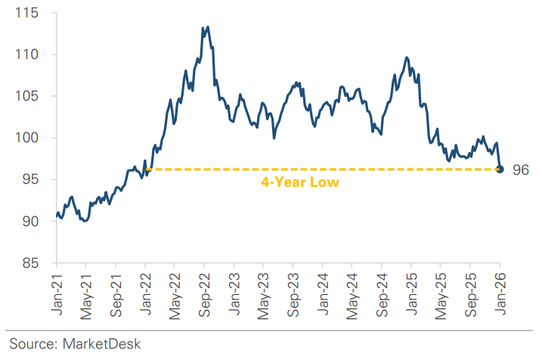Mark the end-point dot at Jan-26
click(x=500, y=169)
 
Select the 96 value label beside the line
click(x=520, y=170)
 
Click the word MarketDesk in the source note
click(x=101, y=343)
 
